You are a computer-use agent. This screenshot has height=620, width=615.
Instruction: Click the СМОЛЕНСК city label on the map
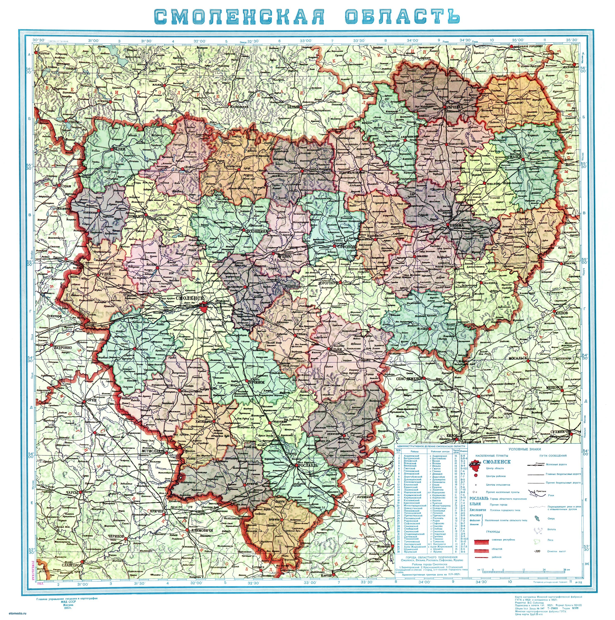190,298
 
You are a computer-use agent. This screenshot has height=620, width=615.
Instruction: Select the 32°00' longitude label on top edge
199,41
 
